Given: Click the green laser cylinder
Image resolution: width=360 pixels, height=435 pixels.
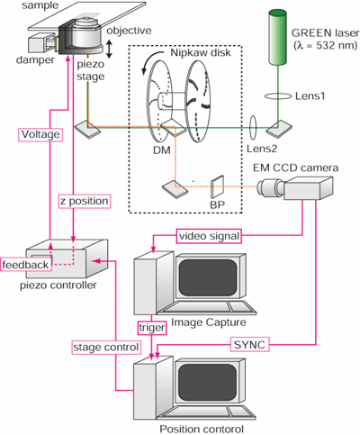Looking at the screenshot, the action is point(277,37).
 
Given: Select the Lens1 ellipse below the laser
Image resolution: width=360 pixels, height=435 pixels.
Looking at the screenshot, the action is point(277,96).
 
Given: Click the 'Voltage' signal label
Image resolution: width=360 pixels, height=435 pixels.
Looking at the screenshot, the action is point(40,135).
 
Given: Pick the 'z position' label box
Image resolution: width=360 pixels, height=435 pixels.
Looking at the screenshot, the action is point(85,201).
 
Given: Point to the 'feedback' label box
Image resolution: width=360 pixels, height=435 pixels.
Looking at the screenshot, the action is point(25,265).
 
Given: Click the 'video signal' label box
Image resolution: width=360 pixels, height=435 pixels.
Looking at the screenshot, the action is point(209,236).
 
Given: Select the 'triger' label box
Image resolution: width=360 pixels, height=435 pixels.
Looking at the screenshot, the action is point(152,328).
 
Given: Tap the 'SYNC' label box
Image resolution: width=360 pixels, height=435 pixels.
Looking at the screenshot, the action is point(249,345).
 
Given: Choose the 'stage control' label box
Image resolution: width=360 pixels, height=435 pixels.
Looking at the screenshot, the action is point(106,348).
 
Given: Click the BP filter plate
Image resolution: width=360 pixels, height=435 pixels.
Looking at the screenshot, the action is point(218,186).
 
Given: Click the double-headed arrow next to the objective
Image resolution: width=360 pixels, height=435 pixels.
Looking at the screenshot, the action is point(110,50).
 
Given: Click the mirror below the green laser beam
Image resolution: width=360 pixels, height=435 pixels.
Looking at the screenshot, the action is point(278,129).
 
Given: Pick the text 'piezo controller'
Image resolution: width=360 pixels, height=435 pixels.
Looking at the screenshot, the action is point(58,285).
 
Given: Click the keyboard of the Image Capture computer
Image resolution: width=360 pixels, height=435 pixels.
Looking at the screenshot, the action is point(207,308).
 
